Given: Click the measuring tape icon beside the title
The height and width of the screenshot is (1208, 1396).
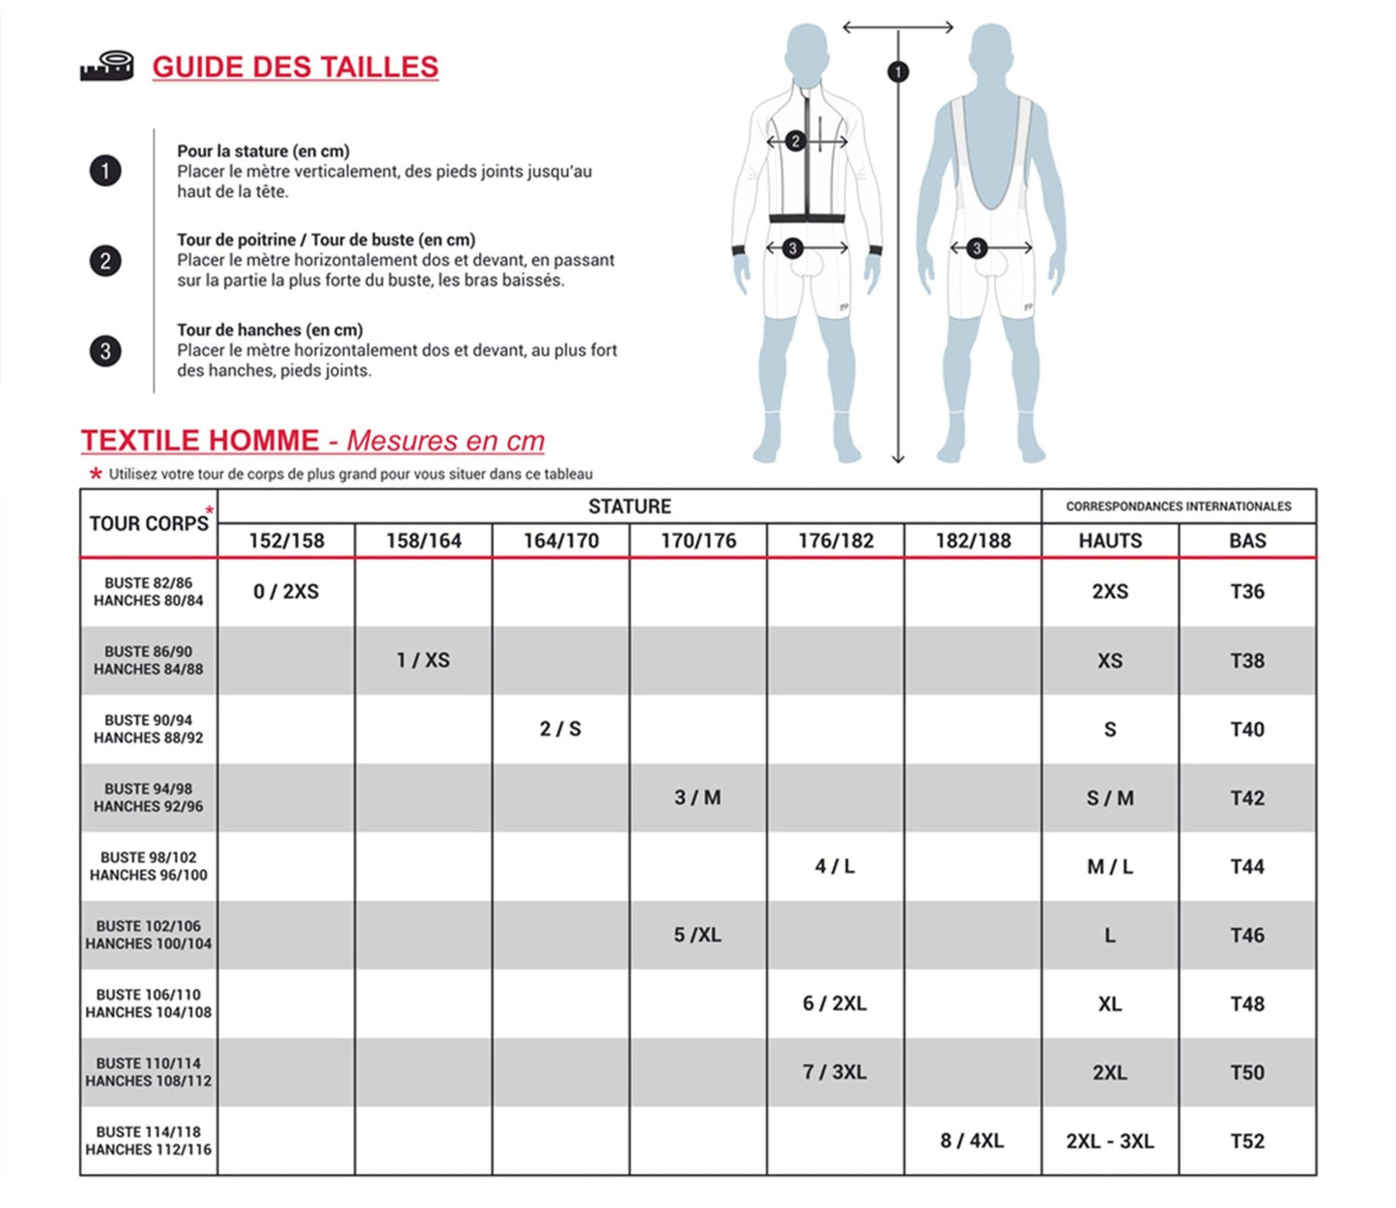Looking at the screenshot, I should (x=106, y=66).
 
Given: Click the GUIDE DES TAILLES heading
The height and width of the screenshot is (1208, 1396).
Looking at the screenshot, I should (x=295, y=67).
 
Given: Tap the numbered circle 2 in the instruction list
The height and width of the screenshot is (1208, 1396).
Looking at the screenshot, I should (x=105, y=261).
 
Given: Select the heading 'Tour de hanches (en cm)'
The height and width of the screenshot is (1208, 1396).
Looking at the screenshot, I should (x=270, y=330).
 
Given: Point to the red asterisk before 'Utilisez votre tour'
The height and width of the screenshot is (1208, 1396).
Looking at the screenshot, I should (x=96, y=474).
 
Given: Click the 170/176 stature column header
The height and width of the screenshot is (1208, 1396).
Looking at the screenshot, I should (x=698, y=541).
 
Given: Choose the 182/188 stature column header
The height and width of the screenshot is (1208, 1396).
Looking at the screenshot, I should (x=972, y=541).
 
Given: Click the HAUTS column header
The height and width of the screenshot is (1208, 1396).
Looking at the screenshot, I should (x=1109, y=541).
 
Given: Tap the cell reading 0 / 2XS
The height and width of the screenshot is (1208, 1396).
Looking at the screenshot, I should (x=286, y=591).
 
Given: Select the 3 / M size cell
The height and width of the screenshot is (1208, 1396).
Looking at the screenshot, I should (x=698, y=797).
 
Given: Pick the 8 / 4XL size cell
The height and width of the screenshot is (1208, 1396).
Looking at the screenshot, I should (x=972, y=1140).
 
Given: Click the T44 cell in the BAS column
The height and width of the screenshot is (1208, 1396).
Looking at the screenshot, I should (x=1246, y=866).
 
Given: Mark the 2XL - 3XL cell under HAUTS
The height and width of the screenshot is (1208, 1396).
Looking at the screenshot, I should (x=1109, y=1140).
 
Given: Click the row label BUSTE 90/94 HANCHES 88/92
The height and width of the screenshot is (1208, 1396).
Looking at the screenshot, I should (x=149, y=729).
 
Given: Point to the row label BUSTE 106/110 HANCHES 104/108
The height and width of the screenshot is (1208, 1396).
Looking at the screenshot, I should (x=149, y=1003).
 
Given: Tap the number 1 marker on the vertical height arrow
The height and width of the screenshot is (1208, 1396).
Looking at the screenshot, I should (x=897, y=72).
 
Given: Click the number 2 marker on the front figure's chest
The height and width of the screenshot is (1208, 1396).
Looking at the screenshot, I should (x=795, y=141).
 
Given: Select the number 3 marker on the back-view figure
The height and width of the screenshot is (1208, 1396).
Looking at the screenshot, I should (x=977, y=248).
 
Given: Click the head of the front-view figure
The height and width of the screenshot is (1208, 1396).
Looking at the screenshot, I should (x=806, y=53).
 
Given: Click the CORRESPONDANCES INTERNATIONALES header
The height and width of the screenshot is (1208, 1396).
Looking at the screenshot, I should (x=1178, y=506).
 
